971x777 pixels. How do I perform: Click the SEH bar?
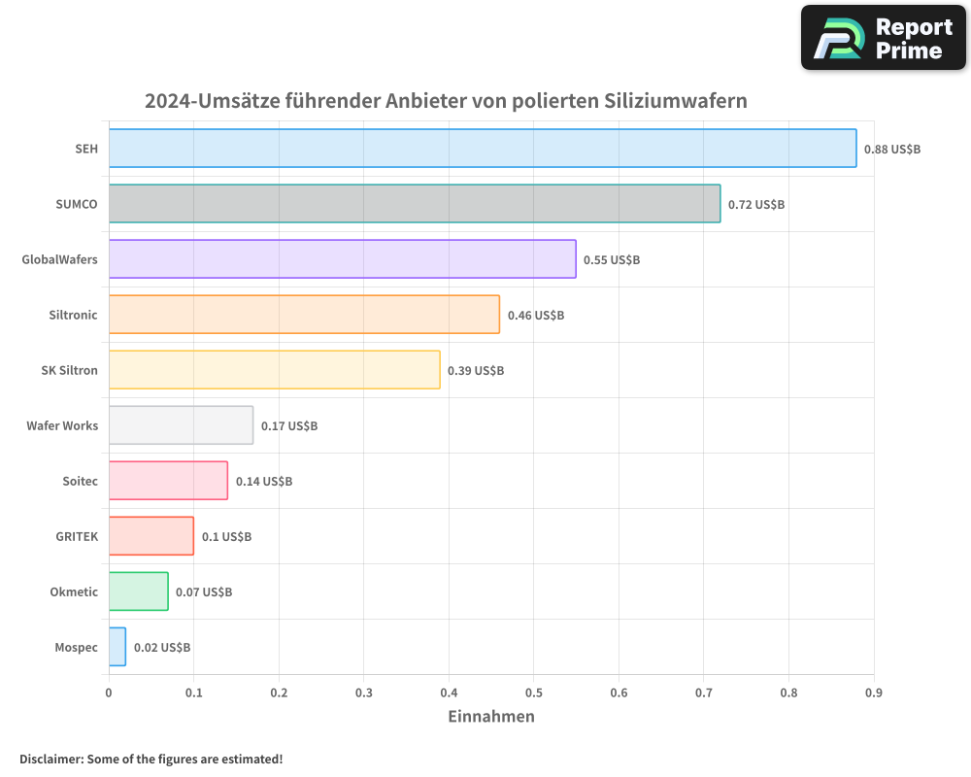483,149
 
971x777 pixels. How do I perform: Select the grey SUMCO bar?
415,204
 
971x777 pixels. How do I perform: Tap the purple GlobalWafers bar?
342,259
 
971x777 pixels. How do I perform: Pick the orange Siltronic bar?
304,315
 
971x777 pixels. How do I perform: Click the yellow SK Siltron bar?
274,370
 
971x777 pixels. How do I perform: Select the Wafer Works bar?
181,425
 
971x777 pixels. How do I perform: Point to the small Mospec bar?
117,647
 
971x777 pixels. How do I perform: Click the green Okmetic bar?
138,591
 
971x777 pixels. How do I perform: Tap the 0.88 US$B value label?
891,150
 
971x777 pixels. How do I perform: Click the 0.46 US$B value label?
535,316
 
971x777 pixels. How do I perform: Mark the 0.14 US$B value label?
263,482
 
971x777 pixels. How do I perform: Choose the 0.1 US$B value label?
226,537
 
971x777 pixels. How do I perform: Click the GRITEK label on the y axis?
77,536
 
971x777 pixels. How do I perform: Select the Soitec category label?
80,481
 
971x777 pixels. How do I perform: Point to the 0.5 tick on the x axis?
533,693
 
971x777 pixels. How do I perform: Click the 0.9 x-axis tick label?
873,693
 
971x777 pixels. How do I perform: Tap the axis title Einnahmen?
490,717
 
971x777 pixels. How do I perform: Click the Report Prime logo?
883,38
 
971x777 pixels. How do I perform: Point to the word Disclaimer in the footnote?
50,759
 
